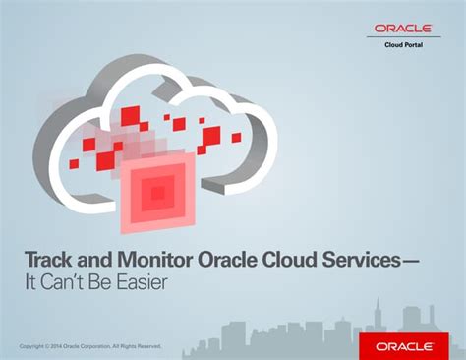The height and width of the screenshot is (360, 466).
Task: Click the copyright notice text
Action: click(x=89, y=346)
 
